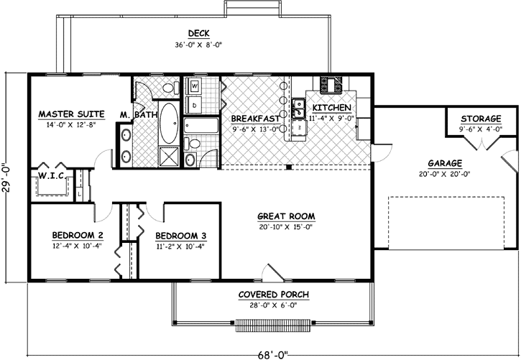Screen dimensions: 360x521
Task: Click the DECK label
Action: pos(198,33)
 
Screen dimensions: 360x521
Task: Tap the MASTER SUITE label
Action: pos(72,114)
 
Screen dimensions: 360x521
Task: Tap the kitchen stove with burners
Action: pos(332,85)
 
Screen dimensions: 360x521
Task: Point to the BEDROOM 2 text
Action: pos(77,236)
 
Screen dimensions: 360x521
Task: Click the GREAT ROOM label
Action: pos(287,216)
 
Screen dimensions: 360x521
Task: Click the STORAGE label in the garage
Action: pos(481,119)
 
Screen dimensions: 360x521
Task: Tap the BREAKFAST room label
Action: pos(254,118)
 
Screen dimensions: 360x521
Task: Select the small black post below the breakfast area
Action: pos(287,168)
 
